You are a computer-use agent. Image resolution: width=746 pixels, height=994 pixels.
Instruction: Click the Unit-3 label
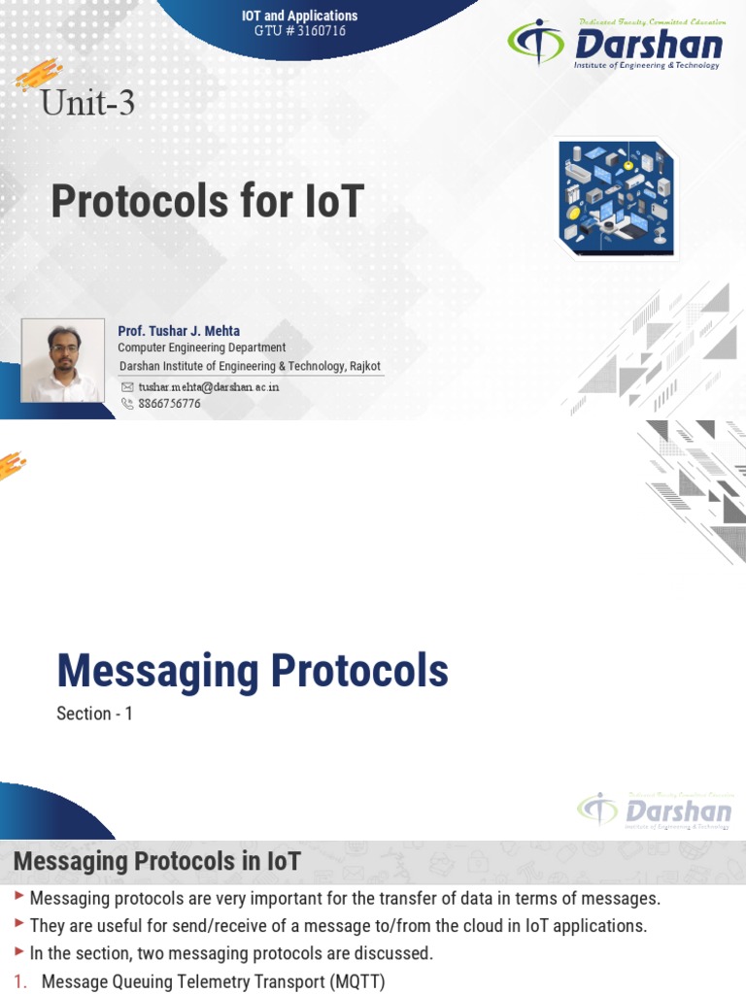point(87,101)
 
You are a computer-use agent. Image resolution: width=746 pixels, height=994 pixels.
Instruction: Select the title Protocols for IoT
point(207,201)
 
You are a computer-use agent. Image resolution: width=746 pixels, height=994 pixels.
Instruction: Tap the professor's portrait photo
point(63,360)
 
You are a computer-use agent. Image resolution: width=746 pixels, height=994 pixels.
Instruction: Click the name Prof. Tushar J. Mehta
point(179,331)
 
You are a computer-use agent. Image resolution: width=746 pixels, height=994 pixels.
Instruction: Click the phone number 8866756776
point(169,403)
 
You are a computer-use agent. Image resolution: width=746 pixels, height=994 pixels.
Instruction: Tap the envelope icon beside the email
point(126,386)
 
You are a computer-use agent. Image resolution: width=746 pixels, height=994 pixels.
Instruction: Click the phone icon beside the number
point(126,403)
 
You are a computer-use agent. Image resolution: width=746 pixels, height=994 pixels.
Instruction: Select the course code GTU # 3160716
point(299,31)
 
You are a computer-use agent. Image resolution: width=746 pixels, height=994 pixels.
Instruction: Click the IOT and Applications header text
point(299,16)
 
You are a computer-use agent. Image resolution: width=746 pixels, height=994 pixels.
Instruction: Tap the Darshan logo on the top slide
point(615,44)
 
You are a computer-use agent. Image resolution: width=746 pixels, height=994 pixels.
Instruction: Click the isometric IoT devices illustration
point(616,198)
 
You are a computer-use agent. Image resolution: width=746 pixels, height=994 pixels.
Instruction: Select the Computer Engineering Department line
point(201,348)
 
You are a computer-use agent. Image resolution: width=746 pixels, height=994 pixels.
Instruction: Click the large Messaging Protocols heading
point(253,671)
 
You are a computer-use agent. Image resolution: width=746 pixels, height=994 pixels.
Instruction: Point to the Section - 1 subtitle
point(94,713)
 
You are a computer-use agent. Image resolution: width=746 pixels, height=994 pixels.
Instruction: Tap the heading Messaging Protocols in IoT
point(156,861)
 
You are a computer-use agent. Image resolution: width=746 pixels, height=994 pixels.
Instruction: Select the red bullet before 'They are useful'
point(21,925)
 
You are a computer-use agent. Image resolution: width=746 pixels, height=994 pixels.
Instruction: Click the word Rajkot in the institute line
point(361,365)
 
